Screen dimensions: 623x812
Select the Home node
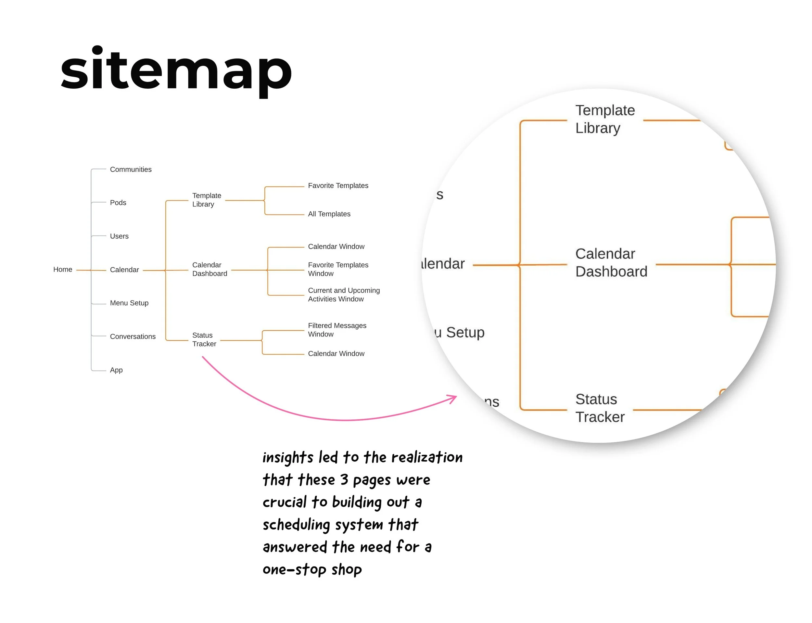(x=63, y=270)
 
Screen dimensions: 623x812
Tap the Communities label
(x=131, y=170)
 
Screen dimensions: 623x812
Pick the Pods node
(x=118, y=203)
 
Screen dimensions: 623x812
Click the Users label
(x=119, y=236)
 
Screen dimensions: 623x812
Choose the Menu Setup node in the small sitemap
(x=129, y=303)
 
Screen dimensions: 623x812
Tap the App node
(x=116, y=370)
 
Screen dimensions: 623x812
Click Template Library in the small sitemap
(x=207, y=200)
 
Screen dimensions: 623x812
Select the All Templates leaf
(x=329, y=214)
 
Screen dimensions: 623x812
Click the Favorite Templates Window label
(x=338, y=269)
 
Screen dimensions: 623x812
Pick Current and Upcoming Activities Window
(x=344, y=295)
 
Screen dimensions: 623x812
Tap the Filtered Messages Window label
(x=337, y=330)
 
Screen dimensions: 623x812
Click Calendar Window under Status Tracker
(x=336, y=354)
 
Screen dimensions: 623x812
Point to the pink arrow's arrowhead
(x=453, y=398)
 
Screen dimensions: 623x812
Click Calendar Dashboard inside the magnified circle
(x=611, y=262)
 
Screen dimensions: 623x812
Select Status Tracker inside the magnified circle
(x=600, y=408)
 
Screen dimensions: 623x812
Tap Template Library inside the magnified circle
(x=605, y=119)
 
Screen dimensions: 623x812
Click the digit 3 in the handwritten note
(x=344, y=479)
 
